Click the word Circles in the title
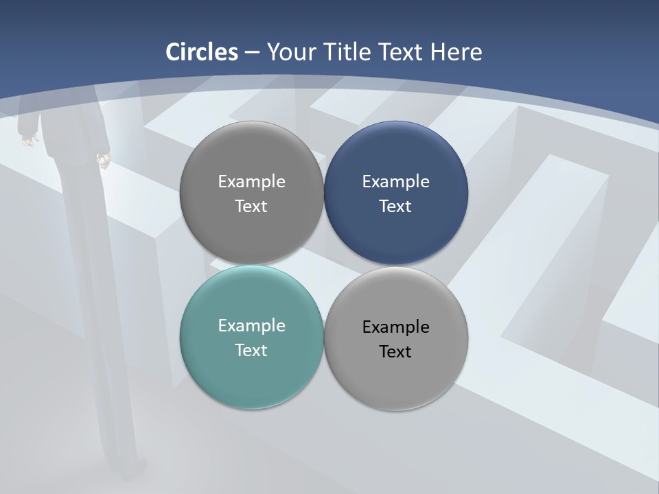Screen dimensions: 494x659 (201, 52)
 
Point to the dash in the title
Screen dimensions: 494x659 (252, 53)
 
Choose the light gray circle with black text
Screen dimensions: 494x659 (396, 377)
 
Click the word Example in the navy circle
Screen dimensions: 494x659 (396, 181)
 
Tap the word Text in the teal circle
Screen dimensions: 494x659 (251, 350)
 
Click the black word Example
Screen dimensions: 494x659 (396, 327)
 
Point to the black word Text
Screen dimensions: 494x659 (396, 351)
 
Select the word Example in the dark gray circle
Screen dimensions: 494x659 (251, 181)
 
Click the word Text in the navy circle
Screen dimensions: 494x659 (396, 206)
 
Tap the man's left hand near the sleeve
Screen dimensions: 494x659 (28, 140)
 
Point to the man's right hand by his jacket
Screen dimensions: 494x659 (104, 161)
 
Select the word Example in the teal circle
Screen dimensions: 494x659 (251, 325)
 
